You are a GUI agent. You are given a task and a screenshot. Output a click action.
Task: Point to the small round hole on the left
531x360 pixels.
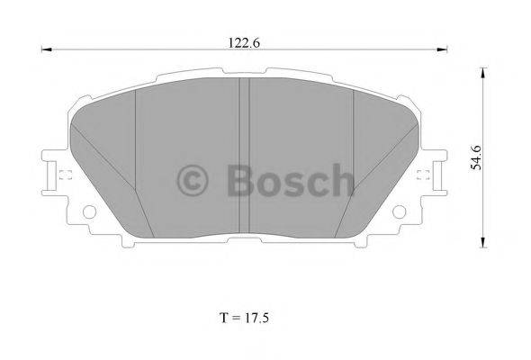click(89, 212)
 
